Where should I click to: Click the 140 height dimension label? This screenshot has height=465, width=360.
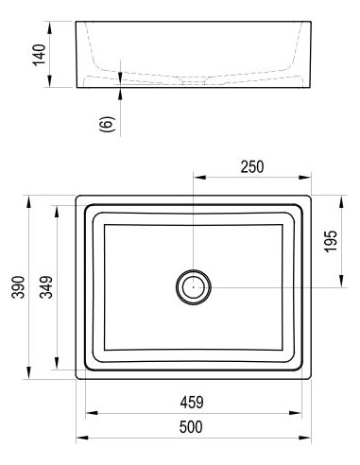coord(40,55)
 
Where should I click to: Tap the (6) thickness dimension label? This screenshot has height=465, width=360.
coord(108,124)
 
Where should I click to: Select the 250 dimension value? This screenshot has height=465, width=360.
coord(252,167)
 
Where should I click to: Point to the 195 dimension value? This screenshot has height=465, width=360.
coord(331,241)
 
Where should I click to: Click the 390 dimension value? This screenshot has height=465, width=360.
coord(18,287)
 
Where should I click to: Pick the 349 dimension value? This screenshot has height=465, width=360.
coord(46,287)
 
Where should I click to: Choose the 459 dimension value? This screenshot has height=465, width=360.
coord(192,403)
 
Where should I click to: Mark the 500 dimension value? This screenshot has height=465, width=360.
coord(191,427)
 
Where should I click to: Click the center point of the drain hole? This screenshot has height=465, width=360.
coord(194,287)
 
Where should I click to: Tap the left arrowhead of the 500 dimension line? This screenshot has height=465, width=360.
coord(82,438)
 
